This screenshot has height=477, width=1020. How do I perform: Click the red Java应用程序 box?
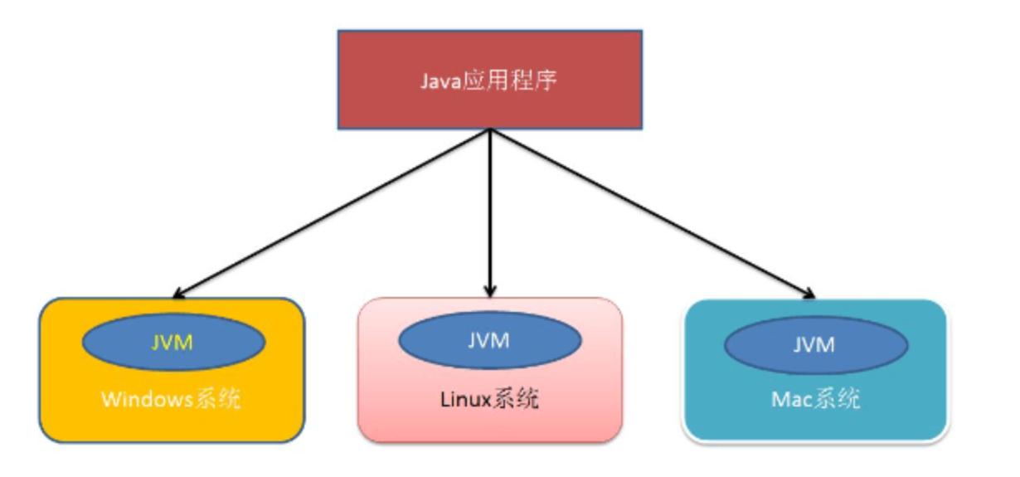pos(490,80)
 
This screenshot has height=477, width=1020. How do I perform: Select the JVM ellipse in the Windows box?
pos(172,342)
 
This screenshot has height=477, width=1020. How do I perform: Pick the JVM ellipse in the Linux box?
pos(488,340)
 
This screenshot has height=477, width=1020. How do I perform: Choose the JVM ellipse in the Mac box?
pos(814,343)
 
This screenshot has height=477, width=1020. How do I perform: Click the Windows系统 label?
pos(172,400)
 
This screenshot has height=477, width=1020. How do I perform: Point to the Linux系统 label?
pos(489,400)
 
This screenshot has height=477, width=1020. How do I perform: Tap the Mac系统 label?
pos(814,400)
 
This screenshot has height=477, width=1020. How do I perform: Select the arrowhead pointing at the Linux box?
pos(490,290)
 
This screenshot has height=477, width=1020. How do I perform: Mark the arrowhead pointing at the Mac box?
pos(809,292)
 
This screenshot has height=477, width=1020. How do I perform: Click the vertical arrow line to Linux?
pos(490,207)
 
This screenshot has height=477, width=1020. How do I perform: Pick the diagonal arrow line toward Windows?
pos(332,212)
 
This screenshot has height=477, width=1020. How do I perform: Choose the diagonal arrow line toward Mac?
pos(651,212)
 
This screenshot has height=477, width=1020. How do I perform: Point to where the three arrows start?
pos(490,131)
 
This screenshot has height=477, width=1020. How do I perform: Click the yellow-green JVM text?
pos(172,342)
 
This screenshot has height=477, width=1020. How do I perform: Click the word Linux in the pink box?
pos(467,401)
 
